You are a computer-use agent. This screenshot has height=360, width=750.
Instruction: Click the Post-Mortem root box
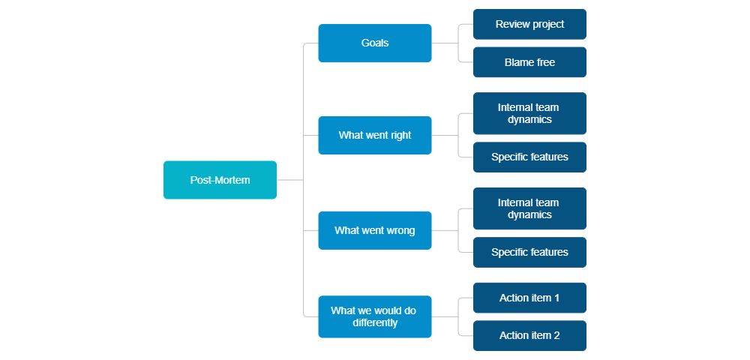[220, 180]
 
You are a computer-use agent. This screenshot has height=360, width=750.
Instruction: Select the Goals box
[375, 43]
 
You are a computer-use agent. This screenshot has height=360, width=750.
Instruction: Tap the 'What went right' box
[375, 135]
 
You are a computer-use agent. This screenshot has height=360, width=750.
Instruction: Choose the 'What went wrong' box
[375, 230]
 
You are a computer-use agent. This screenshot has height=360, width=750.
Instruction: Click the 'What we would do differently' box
[375, 316]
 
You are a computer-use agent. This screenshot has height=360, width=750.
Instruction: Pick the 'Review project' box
[529, 25]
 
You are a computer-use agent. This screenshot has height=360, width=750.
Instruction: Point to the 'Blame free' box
[529, 62]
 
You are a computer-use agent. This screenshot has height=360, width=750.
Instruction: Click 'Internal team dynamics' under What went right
[529, 113]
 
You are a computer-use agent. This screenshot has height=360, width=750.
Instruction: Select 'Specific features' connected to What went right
[529, 157]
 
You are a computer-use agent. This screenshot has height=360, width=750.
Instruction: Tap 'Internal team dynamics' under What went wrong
[529, 208]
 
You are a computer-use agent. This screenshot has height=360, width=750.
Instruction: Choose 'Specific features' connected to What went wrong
[529, 252]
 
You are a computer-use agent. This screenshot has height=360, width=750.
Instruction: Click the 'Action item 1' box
[529, 298]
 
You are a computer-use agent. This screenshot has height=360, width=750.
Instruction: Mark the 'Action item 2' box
[529, 335]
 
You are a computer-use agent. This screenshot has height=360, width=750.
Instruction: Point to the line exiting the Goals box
[444, 43]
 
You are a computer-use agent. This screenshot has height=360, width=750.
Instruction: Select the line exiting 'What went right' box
[444, 135]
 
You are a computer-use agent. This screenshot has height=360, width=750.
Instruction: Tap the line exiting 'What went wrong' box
[444, 230]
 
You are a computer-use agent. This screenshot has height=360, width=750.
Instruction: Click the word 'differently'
[375, 323]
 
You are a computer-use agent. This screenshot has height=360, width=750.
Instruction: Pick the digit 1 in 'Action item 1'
[556, 298]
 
